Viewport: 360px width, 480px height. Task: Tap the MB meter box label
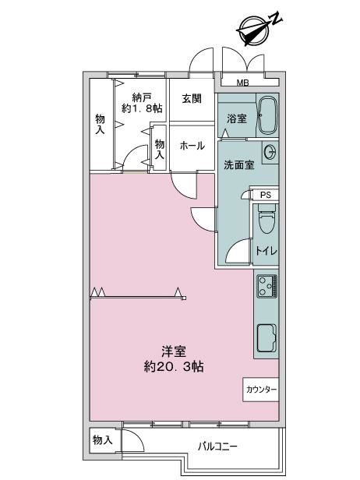243,83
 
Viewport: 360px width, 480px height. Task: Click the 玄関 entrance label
192,98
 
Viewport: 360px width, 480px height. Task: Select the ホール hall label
192,146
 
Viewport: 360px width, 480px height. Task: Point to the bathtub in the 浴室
267,115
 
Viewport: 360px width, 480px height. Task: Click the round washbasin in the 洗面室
270,152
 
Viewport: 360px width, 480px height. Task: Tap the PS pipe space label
266,195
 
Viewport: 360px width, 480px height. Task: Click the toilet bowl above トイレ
266,221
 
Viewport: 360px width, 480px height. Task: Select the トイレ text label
266,251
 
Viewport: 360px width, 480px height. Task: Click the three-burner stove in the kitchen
267,287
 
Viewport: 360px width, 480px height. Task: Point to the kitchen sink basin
266,337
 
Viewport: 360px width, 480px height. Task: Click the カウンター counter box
261,390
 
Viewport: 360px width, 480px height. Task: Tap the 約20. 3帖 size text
174,366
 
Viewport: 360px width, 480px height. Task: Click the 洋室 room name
174,351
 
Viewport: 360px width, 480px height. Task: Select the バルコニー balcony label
217,446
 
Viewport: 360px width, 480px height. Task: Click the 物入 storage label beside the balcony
103,440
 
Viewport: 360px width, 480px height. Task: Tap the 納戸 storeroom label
142,97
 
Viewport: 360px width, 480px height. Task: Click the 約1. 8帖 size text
142,108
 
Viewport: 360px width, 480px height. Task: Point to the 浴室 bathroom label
237,118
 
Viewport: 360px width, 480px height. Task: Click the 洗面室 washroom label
238,165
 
